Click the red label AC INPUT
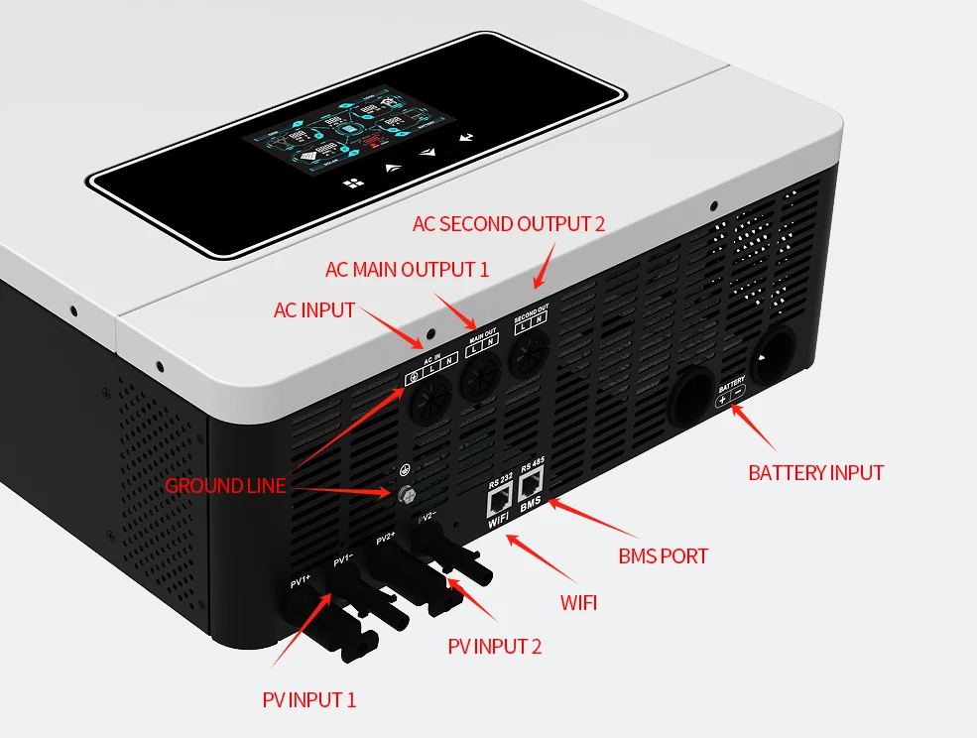[313, 310]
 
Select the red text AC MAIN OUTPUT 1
[407, 270]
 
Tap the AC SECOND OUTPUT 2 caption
[508, 224]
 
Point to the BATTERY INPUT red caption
[815, 473]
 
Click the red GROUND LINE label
[224, 486]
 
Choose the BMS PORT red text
[663, 555]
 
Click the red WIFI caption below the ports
[578, 602]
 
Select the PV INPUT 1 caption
[308, 700]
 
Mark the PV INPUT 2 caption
[494, 648]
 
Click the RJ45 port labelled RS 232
[498, 500]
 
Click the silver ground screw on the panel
[406, 493]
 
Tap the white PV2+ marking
[386, 539]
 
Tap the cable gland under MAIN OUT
[481, 375]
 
